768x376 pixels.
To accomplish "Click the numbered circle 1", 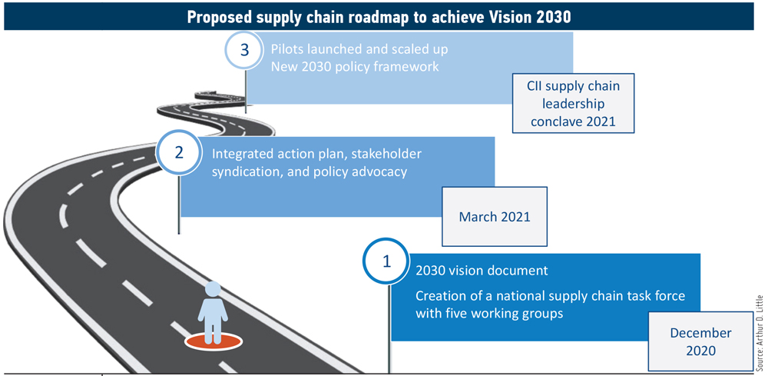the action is coord(386,261).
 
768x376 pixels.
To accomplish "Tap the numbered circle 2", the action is coord(179,153).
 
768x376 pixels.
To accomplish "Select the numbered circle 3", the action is coord(247,51).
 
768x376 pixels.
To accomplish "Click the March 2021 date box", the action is coord(494,216).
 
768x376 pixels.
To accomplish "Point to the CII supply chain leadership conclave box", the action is coord(573,103).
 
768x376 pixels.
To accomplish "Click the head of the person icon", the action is coord(213,289).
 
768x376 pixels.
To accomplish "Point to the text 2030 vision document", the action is coord(482,271).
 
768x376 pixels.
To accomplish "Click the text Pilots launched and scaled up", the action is coord(359,49).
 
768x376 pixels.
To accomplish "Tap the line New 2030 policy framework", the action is coord(355,65).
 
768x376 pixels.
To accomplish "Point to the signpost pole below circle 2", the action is coord(179,205).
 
